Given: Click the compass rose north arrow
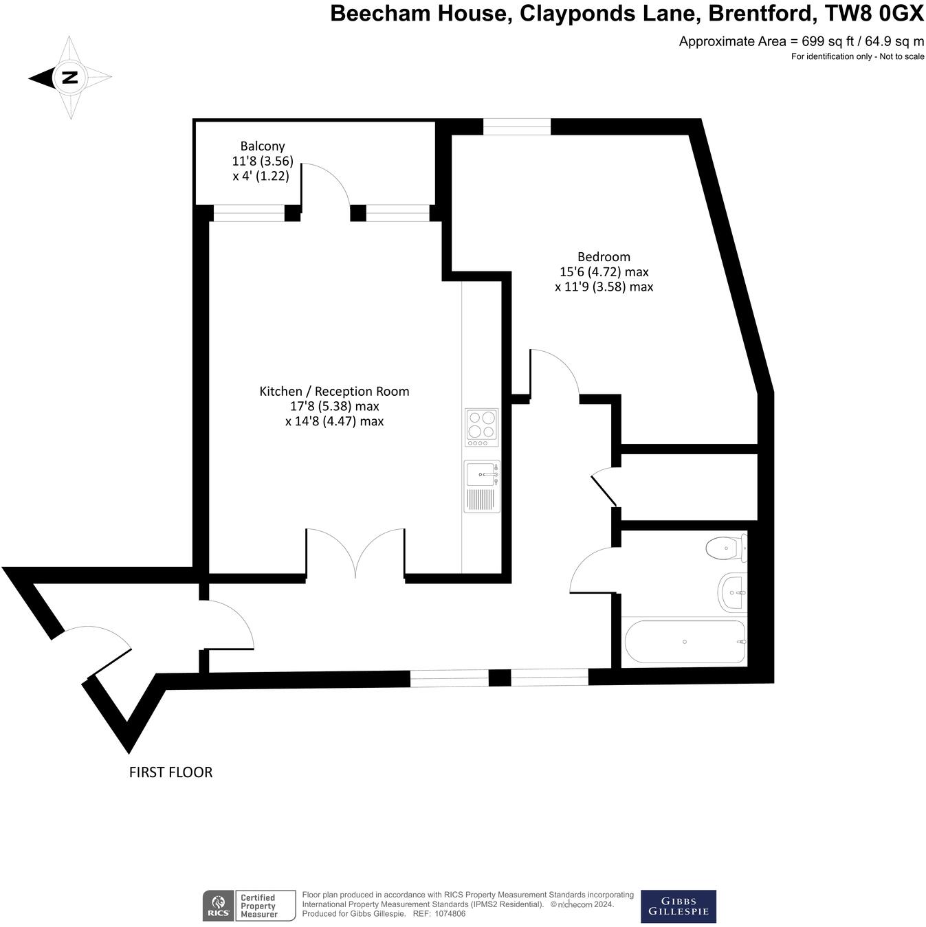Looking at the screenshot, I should click(69, 77).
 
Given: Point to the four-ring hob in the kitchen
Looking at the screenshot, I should click(481, 424).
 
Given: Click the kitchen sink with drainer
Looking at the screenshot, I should click(481, 486).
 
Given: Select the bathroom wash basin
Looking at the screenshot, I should click(731, 592).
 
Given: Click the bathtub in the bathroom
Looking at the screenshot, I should click(684, 642).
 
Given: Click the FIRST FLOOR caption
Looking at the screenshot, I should click(170, 772).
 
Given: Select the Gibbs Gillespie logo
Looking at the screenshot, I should click(678, 906).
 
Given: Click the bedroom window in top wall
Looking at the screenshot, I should click(517, 126).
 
